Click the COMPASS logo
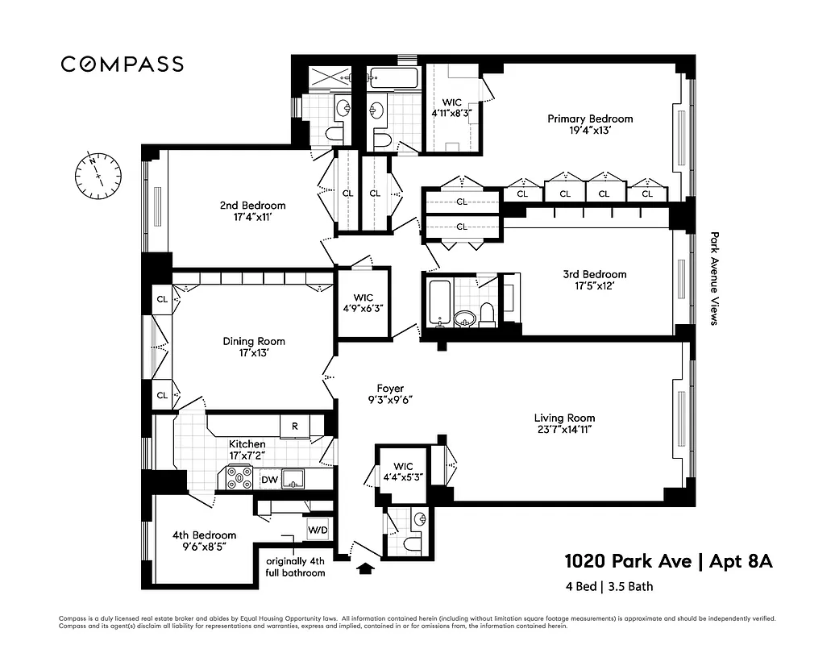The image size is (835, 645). [123, 64]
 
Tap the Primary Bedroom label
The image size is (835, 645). [590, 119]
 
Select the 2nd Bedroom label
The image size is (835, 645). [252, 205]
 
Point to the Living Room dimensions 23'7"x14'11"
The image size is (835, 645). [564, 430]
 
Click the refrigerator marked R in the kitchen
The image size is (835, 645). [295, 426]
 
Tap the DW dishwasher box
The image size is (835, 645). [269, 480]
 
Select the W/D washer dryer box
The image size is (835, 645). [318, 531]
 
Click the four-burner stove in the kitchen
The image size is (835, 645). [240, 479]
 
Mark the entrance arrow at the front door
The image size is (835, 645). [365, 569]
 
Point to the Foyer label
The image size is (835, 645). [390, 389]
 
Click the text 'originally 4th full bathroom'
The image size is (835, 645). [296, 567]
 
